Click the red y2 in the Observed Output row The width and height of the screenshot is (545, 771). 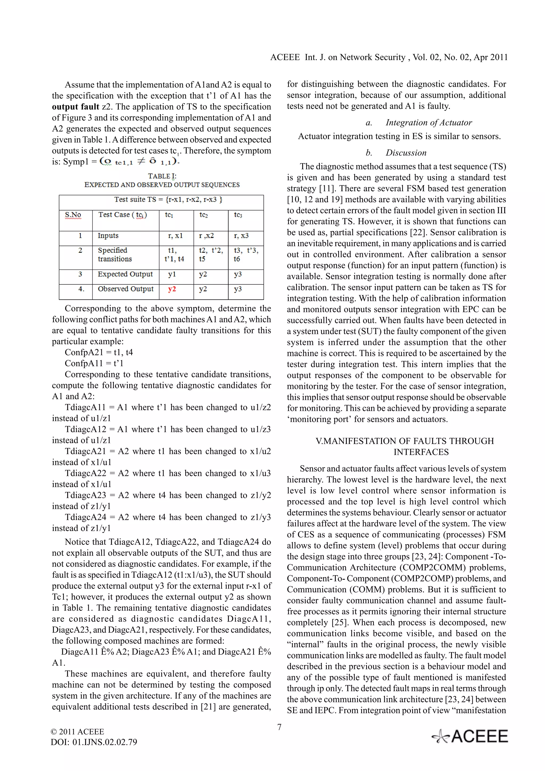(172, 289)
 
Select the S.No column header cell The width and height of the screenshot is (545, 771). (73, 215)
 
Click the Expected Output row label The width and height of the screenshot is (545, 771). (125, 274)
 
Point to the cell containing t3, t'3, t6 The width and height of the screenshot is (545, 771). (246, 255)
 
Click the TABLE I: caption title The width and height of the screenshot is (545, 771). (162, 176)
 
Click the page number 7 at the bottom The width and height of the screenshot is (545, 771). (279, 727)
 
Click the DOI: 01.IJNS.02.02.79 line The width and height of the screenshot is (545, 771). (94, 742)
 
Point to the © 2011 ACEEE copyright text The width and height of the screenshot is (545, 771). (77, 732)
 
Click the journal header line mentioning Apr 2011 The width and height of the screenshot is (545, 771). (389, 57)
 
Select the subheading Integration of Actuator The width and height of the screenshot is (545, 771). (428, 123)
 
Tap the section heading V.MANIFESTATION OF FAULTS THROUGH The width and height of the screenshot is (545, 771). (405, 441)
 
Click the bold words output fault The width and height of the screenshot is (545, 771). (76, 107)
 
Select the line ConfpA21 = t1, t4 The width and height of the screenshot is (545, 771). (99, 352)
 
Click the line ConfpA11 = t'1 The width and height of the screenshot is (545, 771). (94, 363)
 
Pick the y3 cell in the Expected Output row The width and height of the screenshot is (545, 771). (238, 274)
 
